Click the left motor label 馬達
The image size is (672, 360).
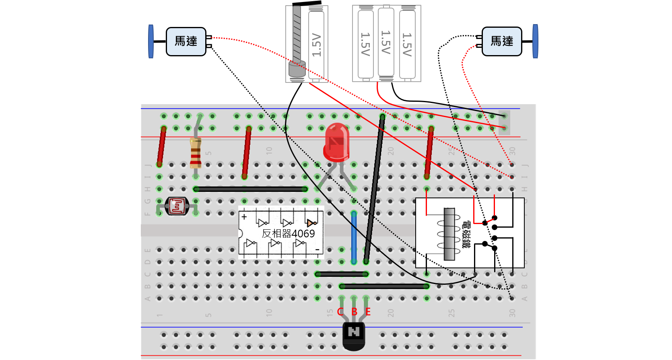[x=186, y=41]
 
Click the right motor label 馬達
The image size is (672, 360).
[x=502, y=41]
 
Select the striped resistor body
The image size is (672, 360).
[x=196, y=153]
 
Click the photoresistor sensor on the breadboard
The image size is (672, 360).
[x=177, y=206]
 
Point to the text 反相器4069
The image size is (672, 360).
[x=288, y=234]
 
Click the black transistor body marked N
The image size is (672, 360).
[x=354, y=334]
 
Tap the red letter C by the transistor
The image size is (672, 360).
[x=340, y=312]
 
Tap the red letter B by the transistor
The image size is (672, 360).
[x=354, y=312]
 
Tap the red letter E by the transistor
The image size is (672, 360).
[x=368, y=312]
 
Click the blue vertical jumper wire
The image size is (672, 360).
[x=354, y=237]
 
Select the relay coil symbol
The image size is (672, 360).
[x=449, y=234]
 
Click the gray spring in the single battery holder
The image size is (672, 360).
[x=297, y=36]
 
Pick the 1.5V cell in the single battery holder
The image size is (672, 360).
[x=316, y=44]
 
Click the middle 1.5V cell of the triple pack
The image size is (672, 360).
[x=386, y=42]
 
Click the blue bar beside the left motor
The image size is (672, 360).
[x=151, y=41]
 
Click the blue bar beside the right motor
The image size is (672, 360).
[x=535, y=41]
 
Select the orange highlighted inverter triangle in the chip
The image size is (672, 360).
[x=310, y=223]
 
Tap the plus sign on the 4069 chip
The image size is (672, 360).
[x=244, y=217]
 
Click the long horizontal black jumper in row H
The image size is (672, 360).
[x=250, y=189]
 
